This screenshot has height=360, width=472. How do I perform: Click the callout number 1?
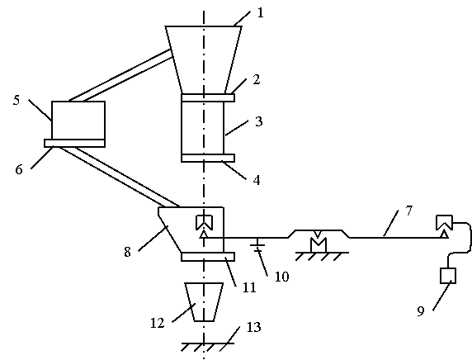[x=261, y=13]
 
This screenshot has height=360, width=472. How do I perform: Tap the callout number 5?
[x=17, y=100]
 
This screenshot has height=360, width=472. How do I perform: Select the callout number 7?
[x=408, y=211]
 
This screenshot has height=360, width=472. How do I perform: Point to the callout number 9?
[x=421, y=311]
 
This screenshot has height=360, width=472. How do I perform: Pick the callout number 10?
[x=281, y=277]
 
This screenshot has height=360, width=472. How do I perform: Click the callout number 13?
[x=253, y=327]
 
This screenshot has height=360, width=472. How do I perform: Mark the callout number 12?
[x=157, y=323]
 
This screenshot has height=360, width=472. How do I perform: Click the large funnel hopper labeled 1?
[x=204, y=59]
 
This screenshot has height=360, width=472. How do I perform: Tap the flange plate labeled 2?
[x=208, y=98]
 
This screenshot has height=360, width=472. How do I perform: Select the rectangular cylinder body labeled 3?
[x=203, y=128]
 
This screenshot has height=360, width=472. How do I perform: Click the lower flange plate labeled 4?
[x=208, y=159]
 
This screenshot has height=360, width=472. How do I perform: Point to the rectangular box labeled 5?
[x=78, y=121]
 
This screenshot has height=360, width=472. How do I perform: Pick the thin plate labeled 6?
[x=74, y=143]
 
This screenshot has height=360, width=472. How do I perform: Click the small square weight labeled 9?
[x=448, y=276]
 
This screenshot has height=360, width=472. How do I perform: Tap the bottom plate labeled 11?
[x=208, y=257]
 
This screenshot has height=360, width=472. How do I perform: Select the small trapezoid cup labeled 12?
[x=204, y=302]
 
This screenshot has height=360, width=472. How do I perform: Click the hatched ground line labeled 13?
[x=208, y=347]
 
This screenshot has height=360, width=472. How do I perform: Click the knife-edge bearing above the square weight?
[x=444, y=226]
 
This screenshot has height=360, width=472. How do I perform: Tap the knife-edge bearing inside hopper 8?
[x=204, y=226]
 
